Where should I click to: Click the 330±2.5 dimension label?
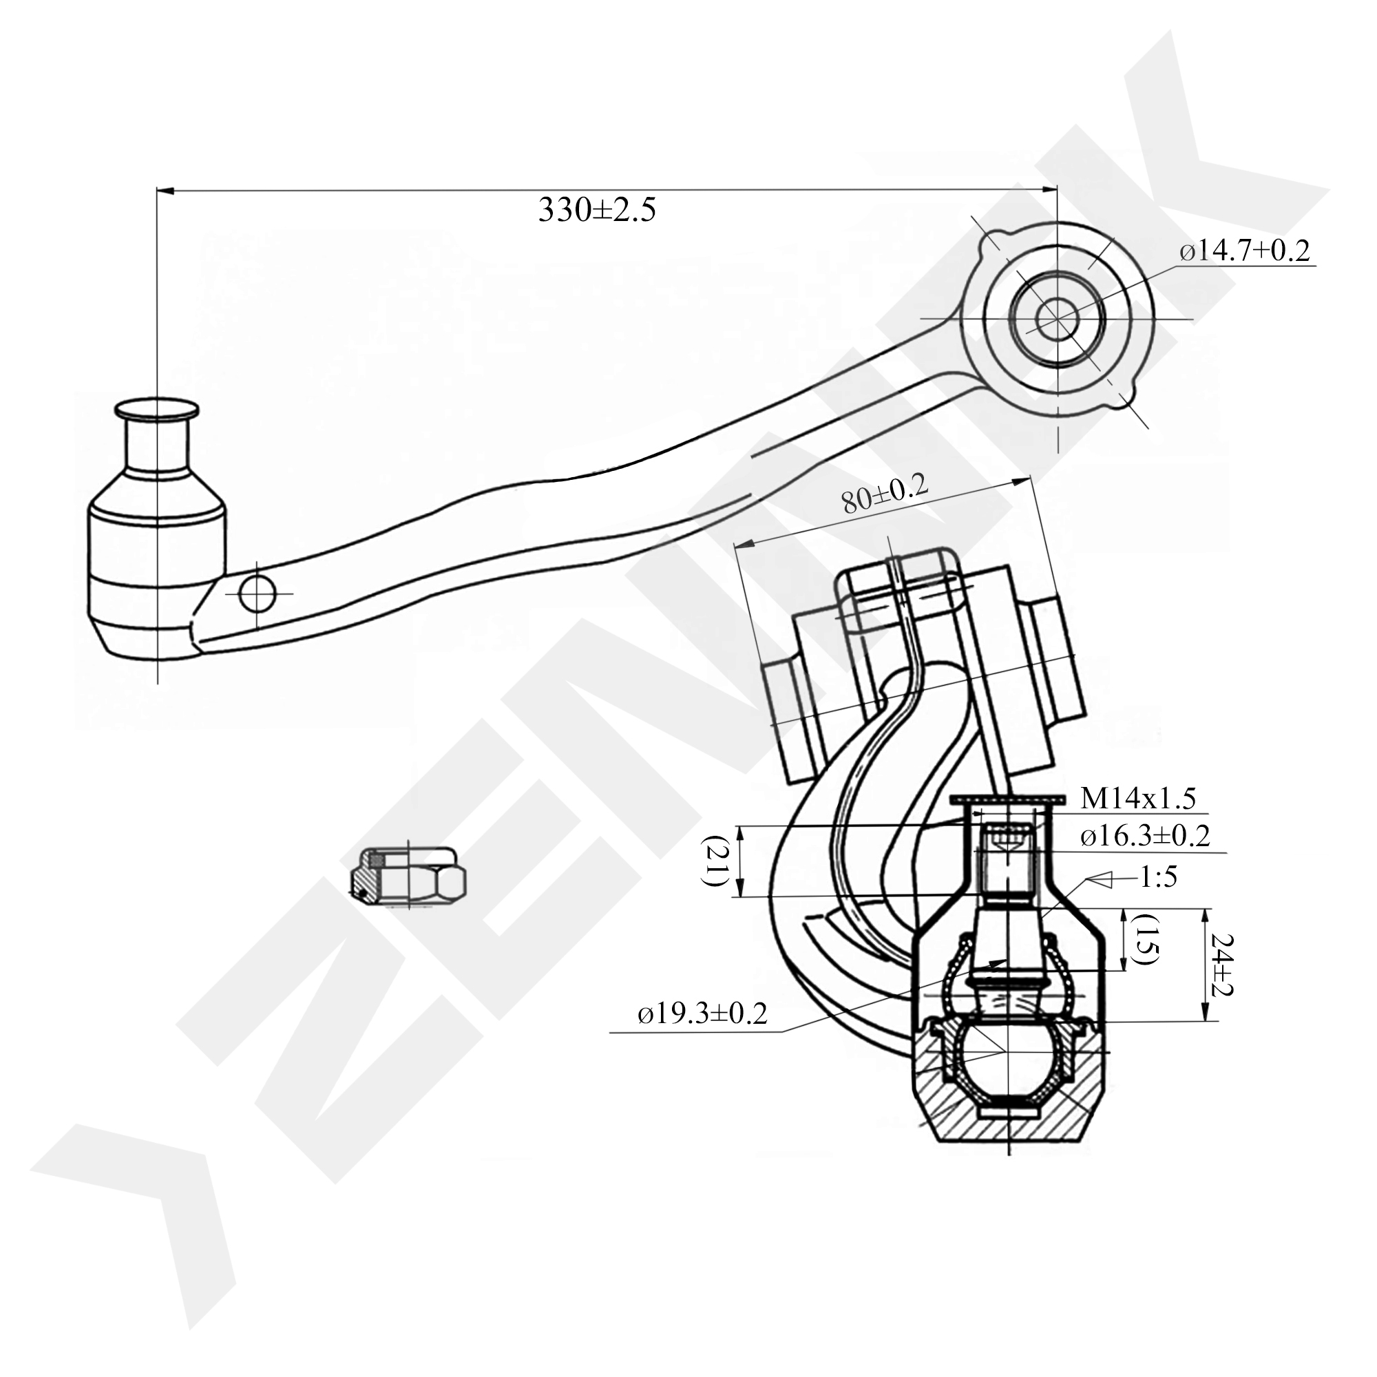(596, 211)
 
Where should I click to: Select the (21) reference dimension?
(713, 861)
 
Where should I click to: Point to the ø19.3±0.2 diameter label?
(702, 1013)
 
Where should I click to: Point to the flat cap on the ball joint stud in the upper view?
(157, 409)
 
